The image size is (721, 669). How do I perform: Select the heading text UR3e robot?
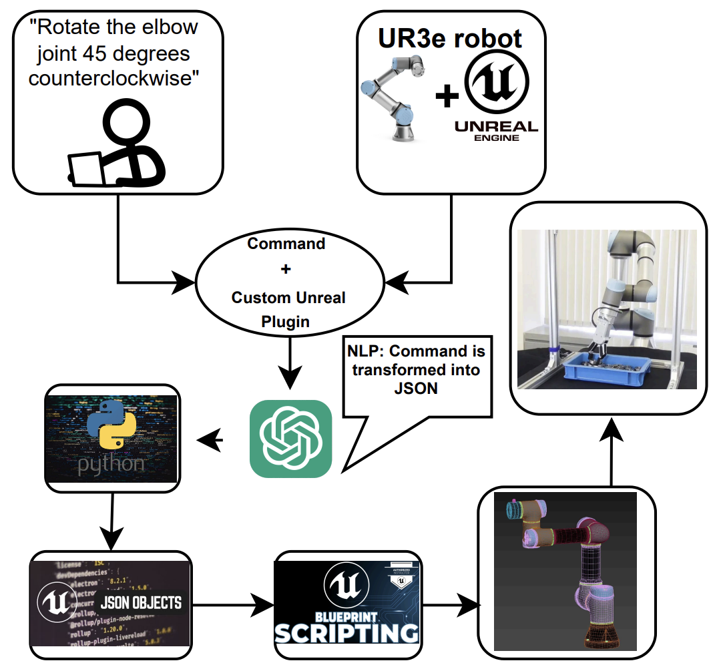(x=451, y=39)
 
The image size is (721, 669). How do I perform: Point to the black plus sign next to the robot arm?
(x=447, y=98)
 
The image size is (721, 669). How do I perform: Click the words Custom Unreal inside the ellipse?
(x=288, y=298)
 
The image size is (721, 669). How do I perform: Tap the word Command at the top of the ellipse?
(x=286, y=244)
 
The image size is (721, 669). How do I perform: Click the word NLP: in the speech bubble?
(x=367, y=351)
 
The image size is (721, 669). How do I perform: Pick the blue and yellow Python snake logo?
(x=111, y=434)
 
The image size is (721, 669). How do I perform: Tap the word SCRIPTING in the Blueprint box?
(x=347, y=632)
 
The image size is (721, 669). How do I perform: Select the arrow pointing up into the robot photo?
(x=611, y=454)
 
